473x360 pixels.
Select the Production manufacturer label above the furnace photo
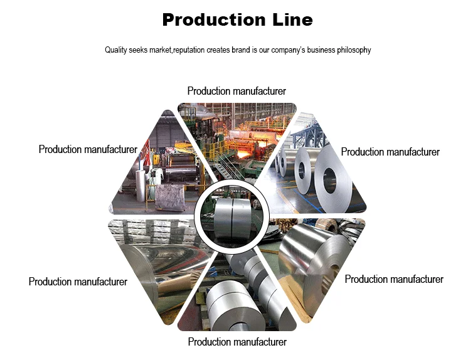[x=236, y=92]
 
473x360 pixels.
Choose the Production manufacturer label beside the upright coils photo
[x=390, y=152]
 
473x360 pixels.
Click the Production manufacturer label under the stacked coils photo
[x=237, y=342]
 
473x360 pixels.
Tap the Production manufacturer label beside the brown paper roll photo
[x=78, y=282]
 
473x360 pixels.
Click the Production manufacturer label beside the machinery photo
[x=88, y=149]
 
